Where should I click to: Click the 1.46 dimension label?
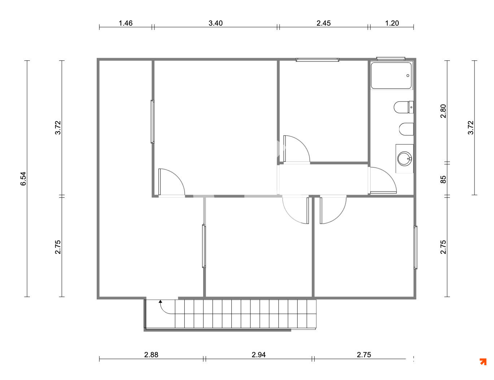pyautogui.click(x=126, y=23)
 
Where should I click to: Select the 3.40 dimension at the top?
pyautogui.click(x=215, y=23)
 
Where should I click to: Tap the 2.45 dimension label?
pyautogui.click(x=323, y=23)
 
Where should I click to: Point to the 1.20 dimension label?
pyautogui.click(x=392, y=23)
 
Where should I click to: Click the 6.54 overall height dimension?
pyautogui.click(x=23, y=179)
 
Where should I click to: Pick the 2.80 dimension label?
pyautogui.click(x=443, y=111)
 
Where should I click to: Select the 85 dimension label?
pyautogui.click(x=443, y=180)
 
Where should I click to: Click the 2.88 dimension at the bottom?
pyautogui.click(x=151, y=355)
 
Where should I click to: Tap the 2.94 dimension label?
pyautogui.click(x=259, y=355)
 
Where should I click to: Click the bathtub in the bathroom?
pyautogui.click(x=391, y=75)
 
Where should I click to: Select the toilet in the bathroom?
pyautogui.click(x=403, y=107)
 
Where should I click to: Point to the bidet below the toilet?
pyautogui.click(x=406, y=129)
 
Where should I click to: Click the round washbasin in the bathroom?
pyautogui.click(x=405, y=159)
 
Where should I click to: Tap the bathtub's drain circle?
pyautogui.click(x=408, y=75)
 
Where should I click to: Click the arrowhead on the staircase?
pyautogui.click(x=160, y=302)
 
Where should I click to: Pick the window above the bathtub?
pyautogui.click(x=391, y=59)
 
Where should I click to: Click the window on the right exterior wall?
pyautogui.click(x=415, y=247)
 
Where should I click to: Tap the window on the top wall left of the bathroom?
pyautogui.click(x=317, y=60)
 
